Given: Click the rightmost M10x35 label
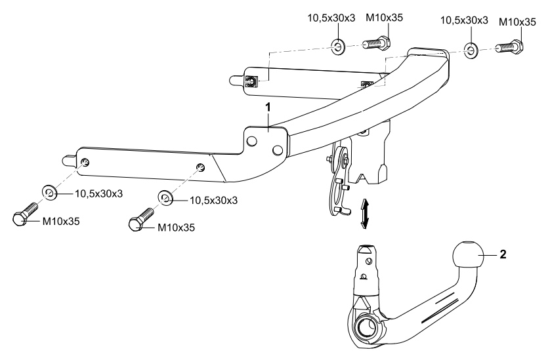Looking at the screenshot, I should coord(516,22).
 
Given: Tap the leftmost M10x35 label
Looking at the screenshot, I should coord(61,221).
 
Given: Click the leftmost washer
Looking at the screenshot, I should coord(49,192).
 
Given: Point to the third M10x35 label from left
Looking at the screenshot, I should coord(383,19).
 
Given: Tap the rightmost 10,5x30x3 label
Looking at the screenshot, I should coord(462,20).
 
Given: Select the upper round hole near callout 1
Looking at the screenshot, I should coord(252,140).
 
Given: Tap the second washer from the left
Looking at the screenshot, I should coord(165,197).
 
